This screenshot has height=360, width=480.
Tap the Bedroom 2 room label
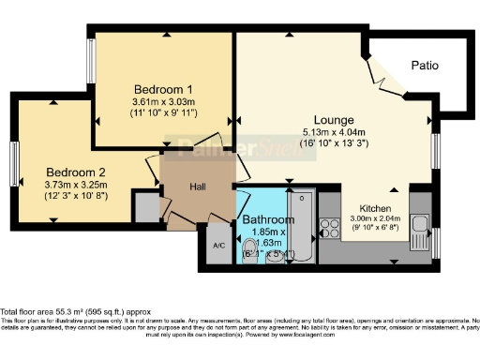click(x=77, y=172)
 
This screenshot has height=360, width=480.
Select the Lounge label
click(x=334, y=120)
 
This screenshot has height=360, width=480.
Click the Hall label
click(x=198, y=187)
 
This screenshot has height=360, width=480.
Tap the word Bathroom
click(x=268, y=219)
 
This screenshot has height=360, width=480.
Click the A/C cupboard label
click(x=218, y=246)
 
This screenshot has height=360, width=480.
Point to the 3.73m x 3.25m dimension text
click(x=77, y=186)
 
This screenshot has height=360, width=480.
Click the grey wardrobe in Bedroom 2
click(x=146, y=207)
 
